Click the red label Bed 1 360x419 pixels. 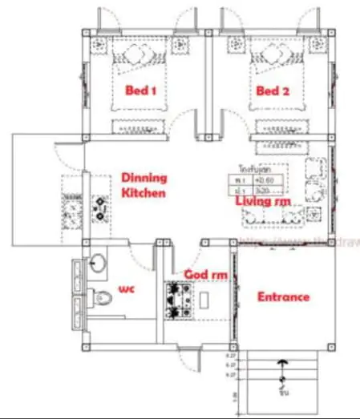click(140, 91)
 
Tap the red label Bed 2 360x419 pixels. click(273, 91)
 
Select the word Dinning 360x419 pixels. click(144, 178)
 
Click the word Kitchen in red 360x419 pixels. click(144, 193)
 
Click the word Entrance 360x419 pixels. click(283, 296)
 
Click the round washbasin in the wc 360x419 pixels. click(99, 263)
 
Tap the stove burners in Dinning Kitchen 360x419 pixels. click(100, 209)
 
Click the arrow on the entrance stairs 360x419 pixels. click(281, 370)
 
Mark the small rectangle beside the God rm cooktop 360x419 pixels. click(204, 298)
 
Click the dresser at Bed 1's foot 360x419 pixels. click(141, 125)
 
